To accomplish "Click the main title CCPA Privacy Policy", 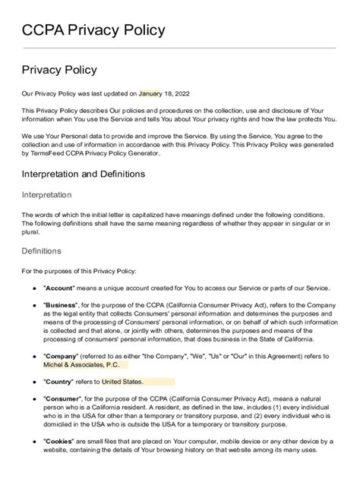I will pyautogui.click(x=93, y=31).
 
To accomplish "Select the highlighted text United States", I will pyautogui.click(x=122, y=382).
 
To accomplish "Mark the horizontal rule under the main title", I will pyautogui.click(x=179, y=48).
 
